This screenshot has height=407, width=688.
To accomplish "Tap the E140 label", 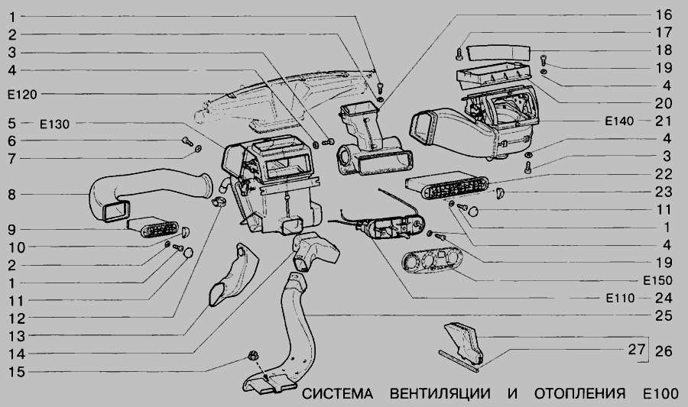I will click(618, 121).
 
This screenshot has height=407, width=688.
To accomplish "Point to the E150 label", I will click(657, 279).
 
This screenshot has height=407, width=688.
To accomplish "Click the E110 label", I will click(618, 297).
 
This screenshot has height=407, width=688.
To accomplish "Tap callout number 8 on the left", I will click(11, 195).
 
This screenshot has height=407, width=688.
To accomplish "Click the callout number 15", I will click(11, 372).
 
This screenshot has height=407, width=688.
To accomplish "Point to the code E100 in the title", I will click(660, 395).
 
